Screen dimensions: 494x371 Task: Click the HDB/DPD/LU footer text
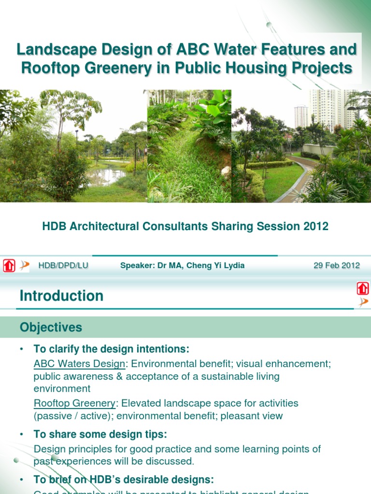tap(63, 265)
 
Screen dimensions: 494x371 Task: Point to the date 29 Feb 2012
tap(337, 265)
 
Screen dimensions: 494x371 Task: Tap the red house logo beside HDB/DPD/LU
tap(9, 266)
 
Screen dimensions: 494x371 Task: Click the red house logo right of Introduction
tap(363, 288)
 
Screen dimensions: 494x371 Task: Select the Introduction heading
tap(61, 296)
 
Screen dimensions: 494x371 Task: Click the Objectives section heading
tap(51, 328)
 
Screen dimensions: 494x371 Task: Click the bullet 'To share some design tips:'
tap(100, 434)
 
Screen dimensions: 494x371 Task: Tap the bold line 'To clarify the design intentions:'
tap(111, 349)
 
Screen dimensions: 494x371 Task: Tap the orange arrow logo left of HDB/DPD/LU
tap(24, 265)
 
